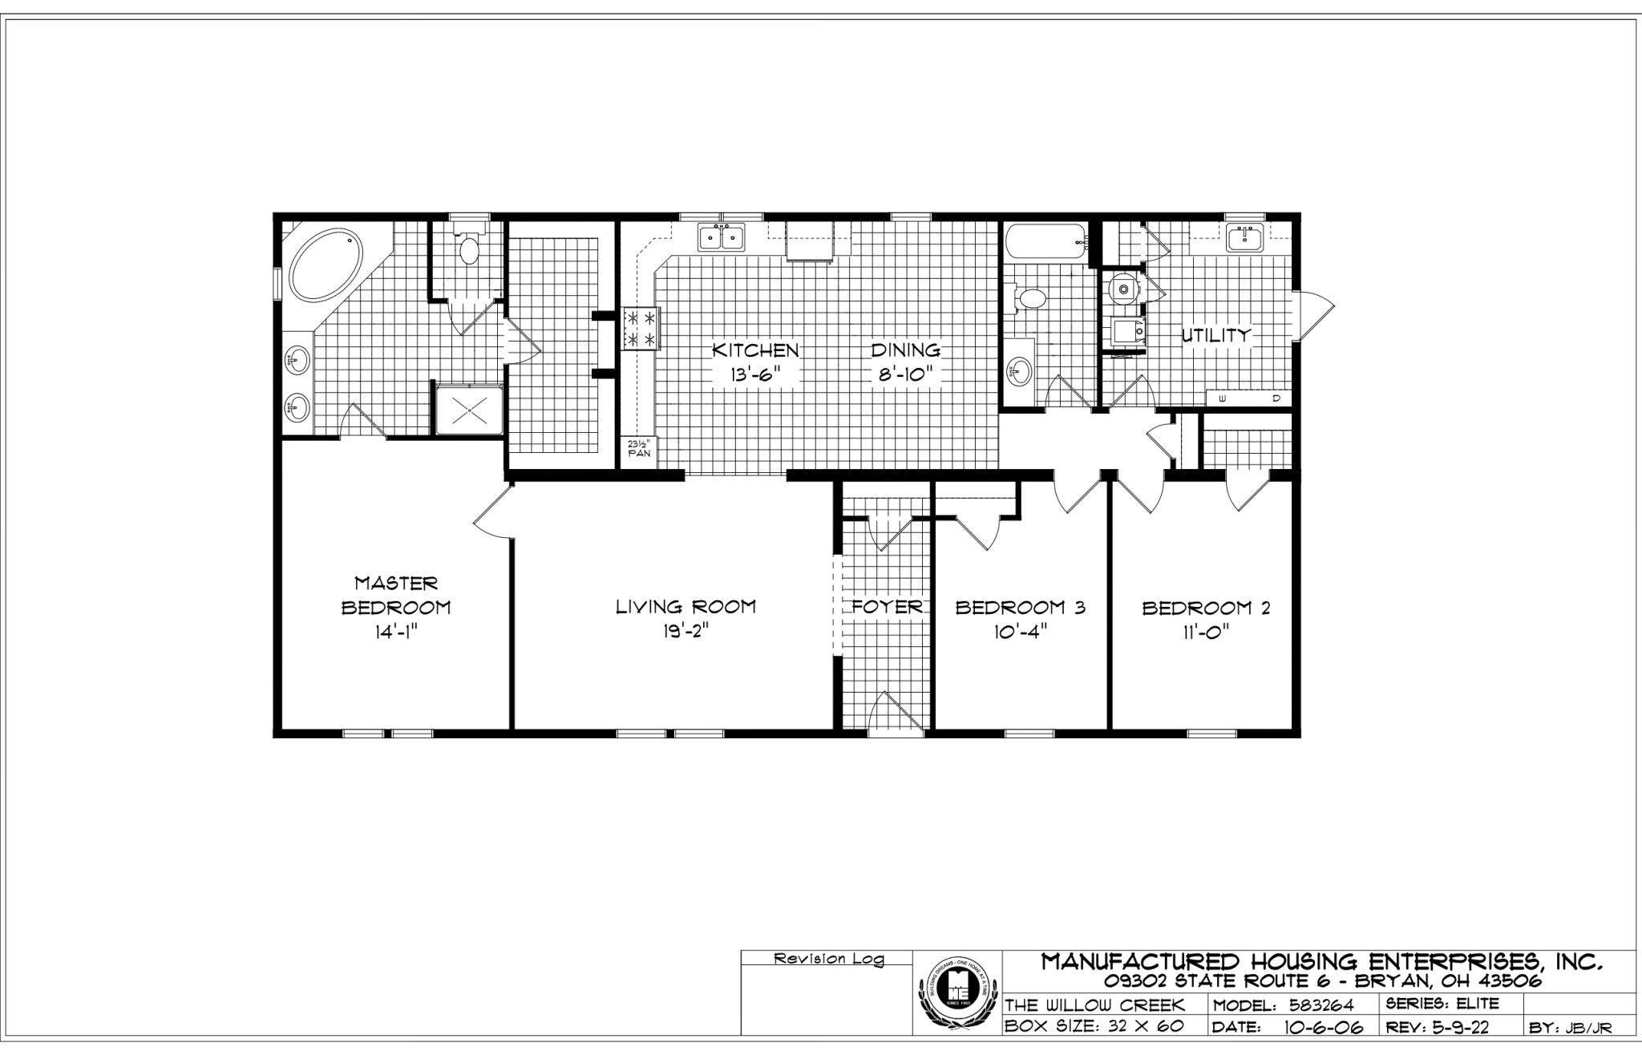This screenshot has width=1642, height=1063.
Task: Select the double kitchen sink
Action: (x=722, y=238)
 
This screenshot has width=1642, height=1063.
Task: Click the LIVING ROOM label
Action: (x=686, y=607)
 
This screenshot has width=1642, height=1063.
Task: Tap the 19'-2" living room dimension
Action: (x=686, y=632)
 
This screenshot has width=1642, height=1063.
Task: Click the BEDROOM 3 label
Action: (x=1020, y=608)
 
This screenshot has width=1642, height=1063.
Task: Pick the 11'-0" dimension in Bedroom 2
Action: (x=1205, y=632)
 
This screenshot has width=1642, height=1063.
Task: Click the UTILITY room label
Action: (x=1216, y=335)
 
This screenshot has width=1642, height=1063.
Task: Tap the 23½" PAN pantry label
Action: (x=638, y=447)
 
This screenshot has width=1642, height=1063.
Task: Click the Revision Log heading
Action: (x=828, y=959)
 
